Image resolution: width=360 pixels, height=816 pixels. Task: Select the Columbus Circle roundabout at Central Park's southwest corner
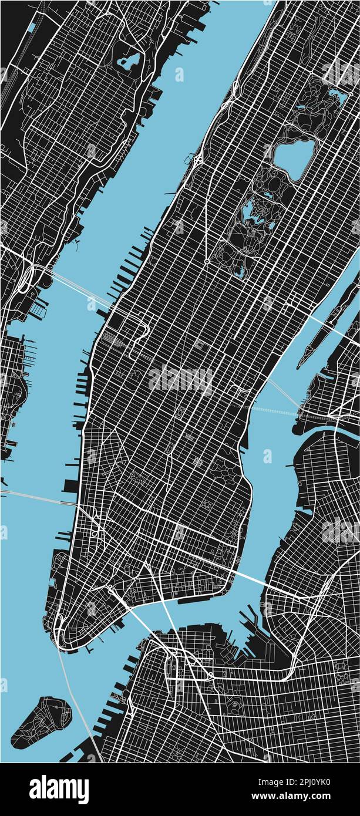click(207, 261)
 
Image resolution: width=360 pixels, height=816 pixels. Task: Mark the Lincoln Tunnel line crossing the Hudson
click(76, 288)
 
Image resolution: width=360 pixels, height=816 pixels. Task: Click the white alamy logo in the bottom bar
click(59, 789)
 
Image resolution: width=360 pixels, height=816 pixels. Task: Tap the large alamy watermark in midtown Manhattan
click(180, 379)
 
